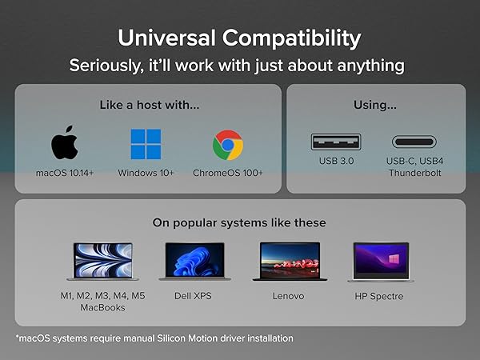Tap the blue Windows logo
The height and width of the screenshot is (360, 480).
pyautogui.click(x=146, y=145)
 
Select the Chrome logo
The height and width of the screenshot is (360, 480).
pyautogui.click(x=228, y=146)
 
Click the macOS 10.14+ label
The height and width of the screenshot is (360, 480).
pyautogui.click(x=65, y=173)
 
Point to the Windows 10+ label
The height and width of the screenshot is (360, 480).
pyautogui.click(x=146, y=173)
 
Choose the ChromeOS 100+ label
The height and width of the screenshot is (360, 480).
pyautogui.click(x=228, y=173)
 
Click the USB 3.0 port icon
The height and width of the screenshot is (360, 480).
pyautogui.click(x=336, y=142)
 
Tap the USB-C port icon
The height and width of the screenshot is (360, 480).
pyautogui.click(x=414, y=142)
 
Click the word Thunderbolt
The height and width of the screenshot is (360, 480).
pyautogui.click(x=414, y=173)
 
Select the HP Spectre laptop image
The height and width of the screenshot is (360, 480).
pyautogui.click(x=380, y=262)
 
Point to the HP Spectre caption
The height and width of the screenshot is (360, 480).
pyautogui.click(x=380, y=295)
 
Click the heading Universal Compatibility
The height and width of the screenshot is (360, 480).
pyautogui.click(x=239, y=38)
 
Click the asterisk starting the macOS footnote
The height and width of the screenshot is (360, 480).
pyautogui.click(x=17, y=337)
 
